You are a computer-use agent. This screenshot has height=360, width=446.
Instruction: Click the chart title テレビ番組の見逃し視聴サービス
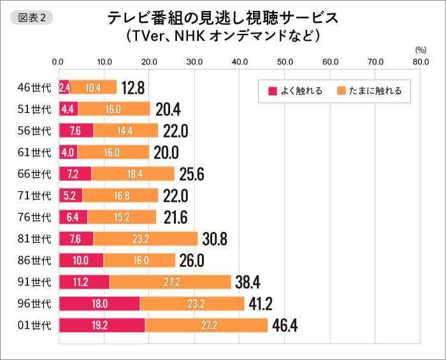(222, 18)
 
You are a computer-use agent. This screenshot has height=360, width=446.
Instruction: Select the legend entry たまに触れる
(373, 91)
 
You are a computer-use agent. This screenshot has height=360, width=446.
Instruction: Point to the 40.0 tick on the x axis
(240, 62)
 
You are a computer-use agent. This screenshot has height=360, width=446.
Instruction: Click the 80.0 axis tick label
(421, 62)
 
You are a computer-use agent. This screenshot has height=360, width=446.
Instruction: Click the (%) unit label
(420, 49)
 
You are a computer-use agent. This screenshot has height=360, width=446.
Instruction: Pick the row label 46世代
(34, 87)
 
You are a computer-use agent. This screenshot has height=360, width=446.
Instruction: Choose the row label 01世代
(34, 326)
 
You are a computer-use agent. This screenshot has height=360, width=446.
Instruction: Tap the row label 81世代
(34, 239)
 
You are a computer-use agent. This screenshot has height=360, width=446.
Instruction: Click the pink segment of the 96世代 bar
(99, 304)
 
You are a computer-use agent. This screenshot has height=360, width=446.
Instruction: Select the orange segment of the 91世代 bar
(170, 282)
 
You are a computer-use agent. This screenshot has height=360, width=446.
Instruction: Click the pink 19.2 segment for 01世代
(102, 326)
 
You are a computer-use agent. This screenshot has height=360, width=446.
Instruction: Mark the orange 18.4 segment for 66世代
(133, 174)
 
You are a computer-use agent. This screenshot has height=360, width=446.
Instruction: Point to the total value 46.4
(285, 326)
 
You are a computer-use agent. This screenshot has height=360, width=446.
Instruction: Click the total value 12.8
(133, 87)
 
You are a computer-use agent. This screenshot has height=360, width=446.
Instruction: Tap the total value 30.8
(215, 239)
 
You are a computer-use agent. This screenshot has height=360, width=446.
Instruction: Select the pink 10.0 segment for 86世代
(81, 261)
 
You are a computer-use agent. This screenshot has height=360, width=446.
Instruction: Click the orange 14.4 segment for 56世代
(126, 131)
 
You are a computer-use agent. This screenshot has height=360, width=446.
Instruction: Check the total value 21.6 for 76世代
(175, 217)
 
